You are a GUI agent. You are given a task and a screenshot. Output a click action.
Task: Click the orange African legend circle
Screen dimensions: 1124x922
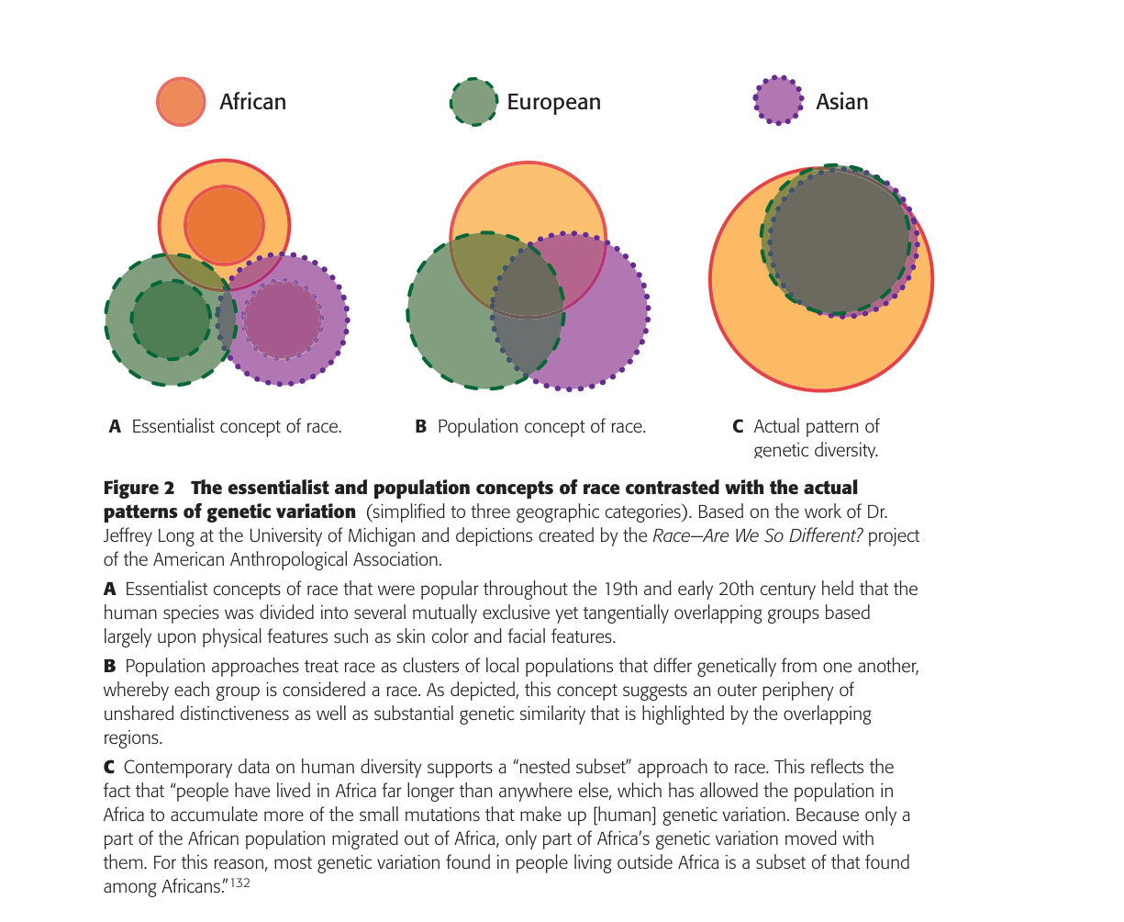click(x=181, y=101)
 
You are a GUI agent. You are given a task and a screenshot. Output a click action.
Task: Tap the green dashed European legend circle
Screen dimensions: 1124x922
click(x=474, y=101)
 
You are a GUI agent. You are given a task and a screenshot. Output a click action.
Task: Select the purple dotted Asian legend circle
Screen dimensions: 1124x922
click(x=778, y=100)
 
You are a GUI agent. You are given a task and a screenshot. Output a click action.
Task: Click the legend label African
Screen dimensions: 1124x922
click(x=252, y=102)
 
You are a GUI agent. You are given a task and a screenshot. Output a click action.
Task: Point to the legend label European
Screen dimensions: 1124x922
click(x=553, y=102)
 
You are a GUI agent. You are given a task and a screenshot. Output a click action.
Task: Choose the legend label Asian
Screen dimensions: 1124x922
click(x=841, y=102)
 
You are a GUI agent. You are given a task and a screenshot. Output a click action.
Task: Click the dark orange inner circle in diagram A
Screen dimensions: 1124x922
click(x=225, y=225)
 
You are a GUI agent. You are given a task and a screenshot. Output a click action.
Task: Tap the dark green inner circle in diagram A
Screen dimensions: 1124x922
click(x=171, y=320)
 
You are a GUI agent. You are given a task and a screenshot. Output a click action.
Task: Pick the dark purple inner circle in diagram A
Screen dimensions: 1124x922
click(x=283, y=320)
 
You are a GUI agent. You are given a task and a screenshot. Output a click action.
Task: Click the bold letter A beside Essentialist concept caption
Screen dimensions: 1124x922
click(x=115, y=427)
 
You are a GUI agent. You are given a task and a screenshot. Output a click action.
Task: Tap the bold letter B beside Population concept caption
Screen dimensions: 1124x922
click(x=421, y=427)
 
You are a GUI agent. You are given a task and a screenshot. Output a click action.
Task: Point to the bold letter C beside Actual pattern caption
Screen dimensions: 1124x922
click(x=738, y=427)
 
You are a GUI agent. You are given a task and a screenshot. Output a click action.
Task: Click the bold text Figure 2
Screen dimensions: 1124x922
click(x=139, y=488)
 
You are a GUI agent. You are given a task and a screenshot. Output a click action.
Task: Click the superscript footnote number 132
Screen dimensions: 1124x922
click(x=240, y=884)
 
